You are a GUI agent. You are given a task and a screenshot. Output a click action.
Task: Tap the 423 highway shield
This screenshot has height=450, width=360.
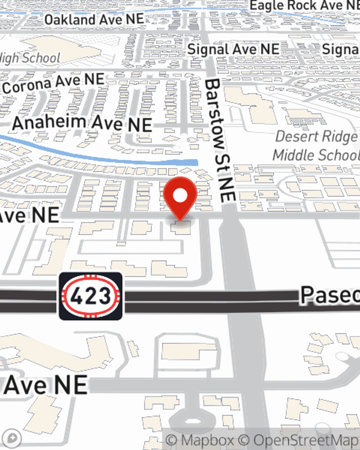pyautogui.click(x=90, y=296)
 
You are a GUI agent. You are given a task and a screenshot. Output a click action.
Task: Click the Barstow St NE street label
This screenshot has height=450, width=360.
pyautogui.click(x=220, y=140)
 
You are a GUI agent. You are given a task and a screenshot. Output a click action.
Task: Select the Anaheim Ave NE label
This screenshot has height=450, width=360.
pyautogui.click(x=82, y=123)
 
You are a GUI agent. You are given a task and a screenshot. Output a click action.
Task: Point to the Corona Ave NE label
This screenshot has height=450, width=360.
pyautogui.click(x=53, y=83)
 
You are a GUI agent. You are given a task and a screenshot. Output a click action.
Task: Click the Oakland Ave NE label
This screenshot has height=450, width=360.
pyautogui.click(x=94, y=19)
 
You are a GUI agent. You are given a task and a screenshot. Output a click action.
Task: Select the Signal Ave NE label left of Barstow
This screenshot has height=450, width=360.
pyautogui.click(x=233, y=49)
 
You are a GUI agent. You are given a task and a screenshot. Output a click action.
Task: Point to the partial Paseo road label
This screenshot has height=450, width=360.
pyautogui.click(x=330, y=295)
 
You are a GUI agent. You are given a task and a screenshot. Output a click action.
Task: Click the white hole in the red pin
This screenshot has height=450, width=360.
pyautogui.click(x=180, y=195)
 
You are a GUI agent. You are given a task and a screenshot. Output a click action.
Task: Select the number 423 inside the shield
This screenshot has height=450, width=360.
pyautogui.click(x=90, y=296)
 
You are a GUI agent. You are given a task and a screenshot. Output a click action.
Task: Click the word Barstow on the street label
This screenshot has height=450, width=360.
pyautogui.click(x=215, y=113)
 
